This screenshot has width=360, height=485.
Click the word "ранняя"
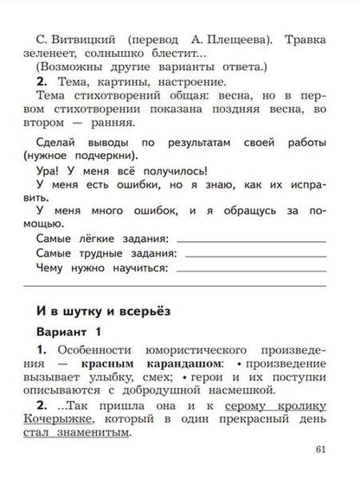tap(140, 129)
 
